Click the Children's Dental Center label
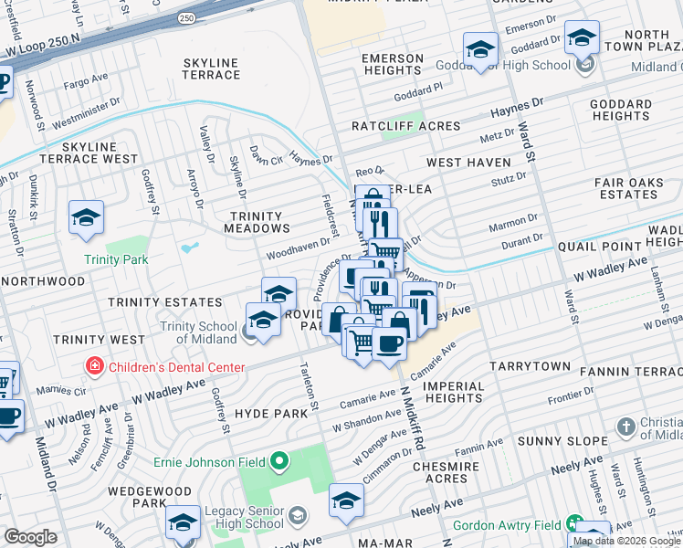point(177,367)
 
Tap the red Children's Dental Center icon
point(94,367)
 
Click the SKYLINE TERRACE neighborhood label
point(211,68)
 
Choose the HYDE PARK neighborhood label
point(265,413)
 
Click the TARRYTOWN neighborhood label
point(530,366)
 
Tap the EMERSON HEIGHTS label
point(393,64)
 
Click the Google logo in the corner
point(30,537)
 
